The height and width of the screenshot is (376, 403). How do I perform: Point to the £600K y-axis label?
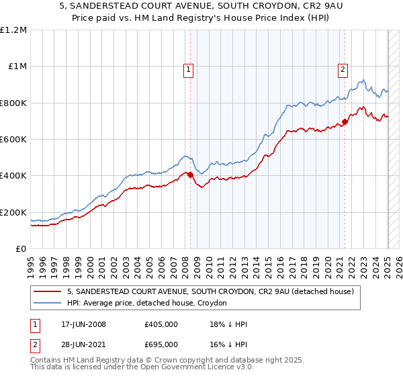[13, 140]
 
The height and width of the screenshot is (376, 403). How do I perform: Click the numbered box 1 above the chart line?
[187, 68]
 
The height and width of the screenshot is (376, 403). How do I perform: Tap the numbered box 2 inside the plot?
[343, 68]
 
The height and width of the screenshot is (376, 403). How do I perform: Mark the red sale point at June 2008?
[190, 175]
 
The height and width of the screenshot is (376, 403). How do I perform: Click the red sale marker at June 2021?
[345, 122]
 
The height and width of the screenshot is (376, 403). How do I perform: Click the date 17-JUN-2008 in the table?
[83, 324]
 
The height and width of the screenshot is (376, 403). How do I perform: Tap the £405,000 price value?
[161, 324]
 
